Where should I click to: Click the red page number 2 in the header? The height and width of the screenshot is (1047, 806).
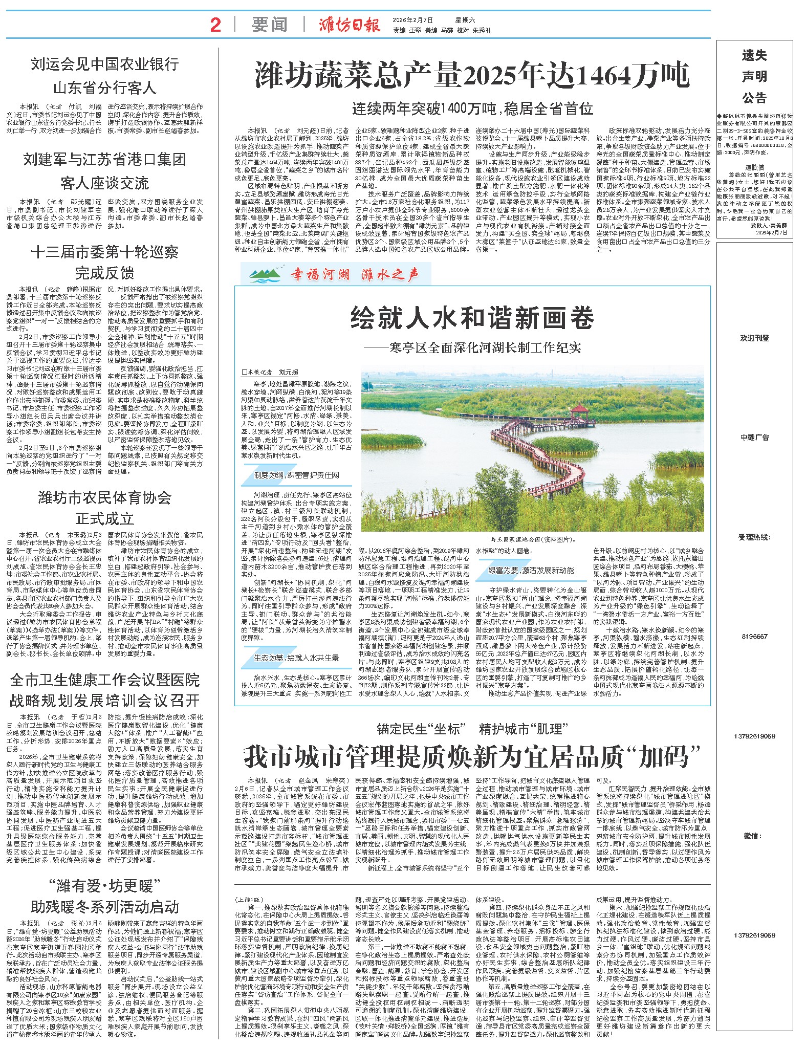(215, 25)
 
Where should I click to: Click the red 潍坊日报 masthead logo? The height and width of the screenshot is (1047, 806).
(350, 25)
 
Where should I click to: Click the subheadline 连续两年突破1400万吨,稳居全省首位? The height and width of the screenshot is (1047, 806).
(472, 108)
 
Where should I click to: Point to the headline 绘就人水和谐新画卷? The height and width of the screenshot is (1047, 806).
(472, 319)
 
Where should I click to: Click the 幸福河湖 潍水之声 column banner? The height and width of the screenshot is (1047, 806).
(337, 274)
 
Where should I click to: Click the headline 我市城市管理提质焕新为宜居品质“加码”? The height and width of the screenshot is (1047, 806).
(472, 756)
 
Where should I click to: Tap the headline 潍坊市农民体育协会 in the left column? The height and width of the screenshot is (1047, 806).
(104, 497)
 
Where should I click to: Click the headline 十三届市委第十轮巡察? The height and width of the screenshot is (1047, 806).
(104, 252)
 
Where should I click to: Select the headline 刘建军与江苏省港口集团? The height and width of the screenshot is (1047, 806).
(104, 160)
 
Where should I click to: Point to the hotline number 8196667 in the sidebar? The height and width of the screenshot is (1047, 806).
(754, 637)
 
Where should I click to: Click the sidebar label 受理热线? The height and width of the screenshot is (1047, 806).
(754, 537)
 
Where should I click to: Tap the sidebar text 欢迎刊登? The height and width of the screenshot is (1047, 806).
(754, 338)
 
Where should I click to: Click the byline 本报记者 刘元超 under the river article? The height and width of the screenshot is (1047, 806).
(271, 372)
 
